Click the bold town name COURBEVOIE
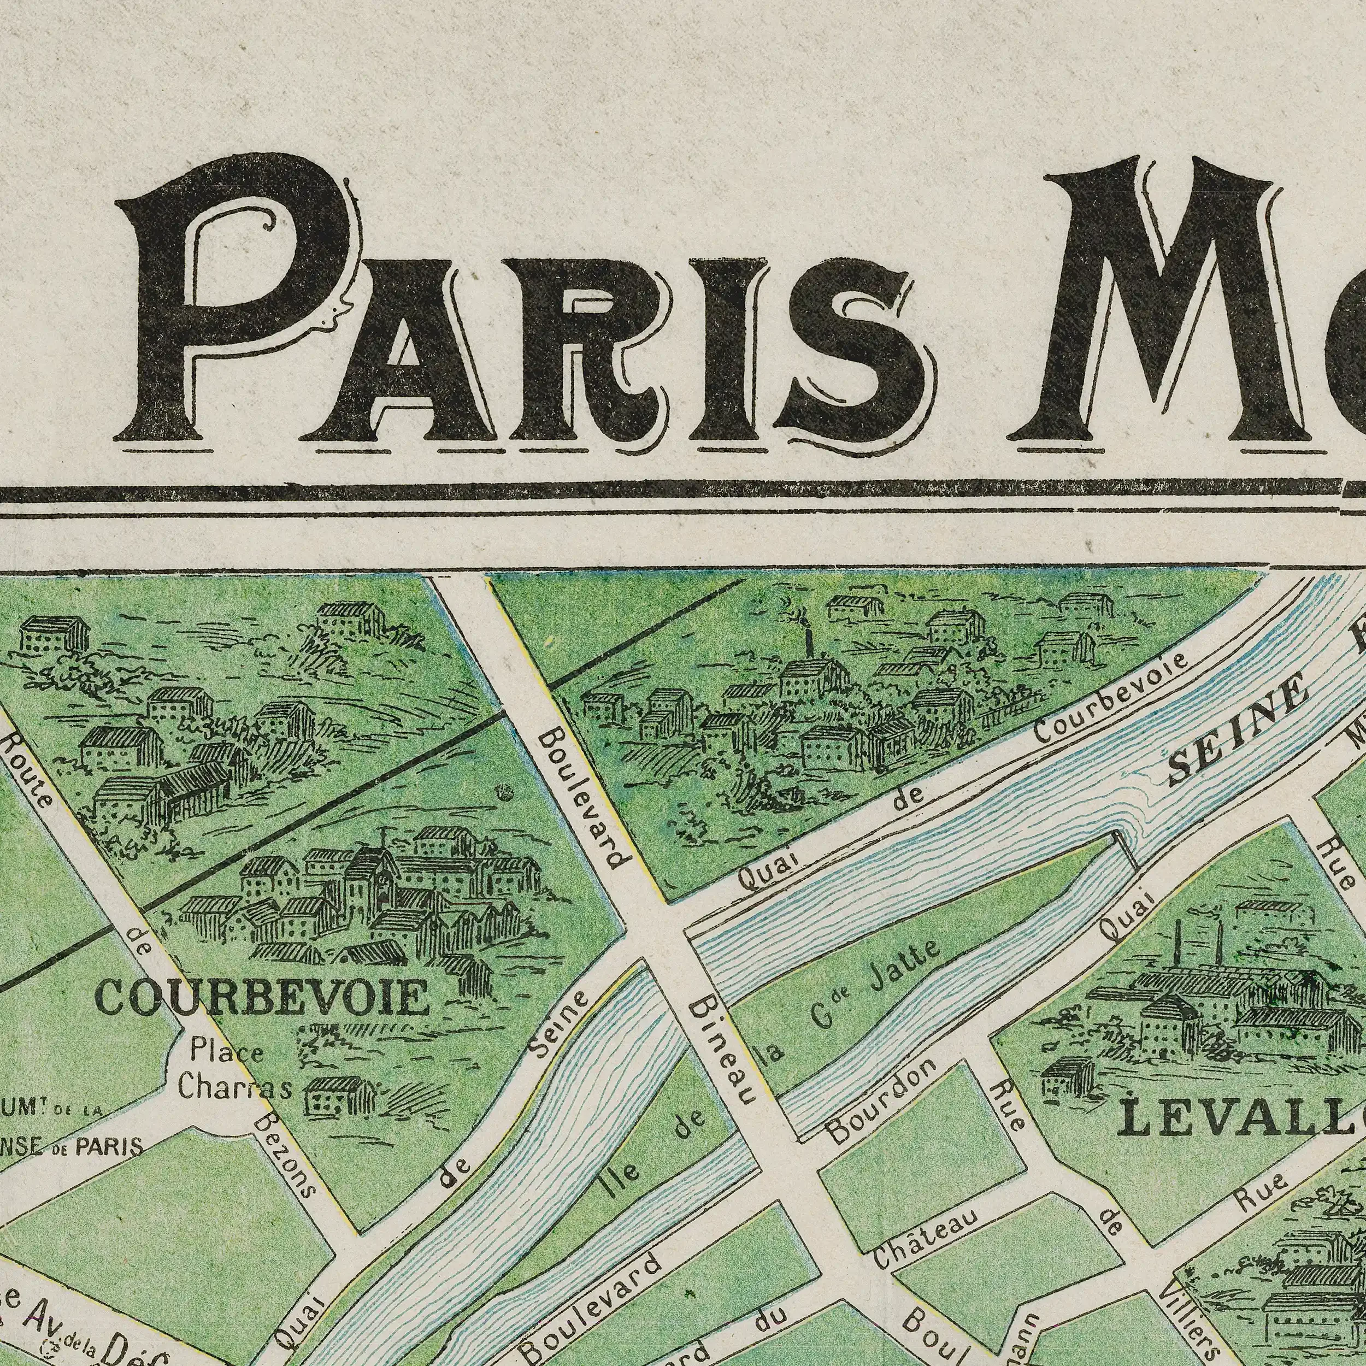[x=262, y=999]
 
